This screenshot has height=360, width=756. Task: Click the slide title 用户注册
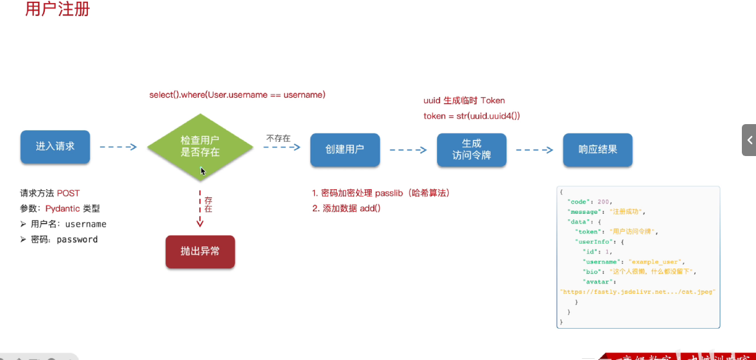point(58,10)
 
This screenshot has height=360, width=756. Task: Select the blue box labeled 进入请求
point(55,146)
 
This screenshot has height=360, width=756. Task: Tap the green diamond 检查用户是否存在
point(200,147)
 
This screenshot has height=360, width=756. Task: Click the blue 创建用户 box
point(345,149)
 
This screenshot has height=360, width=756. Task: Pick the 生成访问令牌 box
point(471,149)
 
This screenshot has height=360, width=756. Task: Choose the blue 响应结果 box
point(597,149)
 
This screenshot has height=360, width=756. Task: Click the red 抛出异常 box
point(200,251)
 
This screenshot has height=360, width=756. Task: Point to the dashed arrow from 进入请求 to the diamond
point(118,147)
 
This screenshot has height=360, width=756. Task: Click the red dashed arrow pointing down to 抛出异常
point(200,209)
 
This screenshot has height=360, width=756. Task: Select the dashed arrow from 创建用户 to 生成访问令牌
point(408,149)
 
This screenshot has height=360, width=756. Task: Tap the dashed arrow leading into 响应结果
point(535,149)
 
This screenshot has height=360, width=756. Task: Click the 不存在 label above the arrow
point(278,138)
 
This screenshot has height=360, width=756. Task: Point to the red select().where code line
point(237,95)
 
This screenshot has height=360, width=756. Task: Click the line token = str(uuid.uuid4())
point(472,115)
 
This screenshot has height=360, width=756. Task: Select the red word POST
point(69,193)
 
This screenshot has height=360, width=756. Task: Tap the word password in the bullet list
point(77,240)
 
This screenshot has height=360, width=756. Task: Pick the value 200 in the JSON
point(604,202)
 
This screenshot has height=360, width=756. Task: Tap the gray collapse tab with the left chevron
point(749,140)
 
